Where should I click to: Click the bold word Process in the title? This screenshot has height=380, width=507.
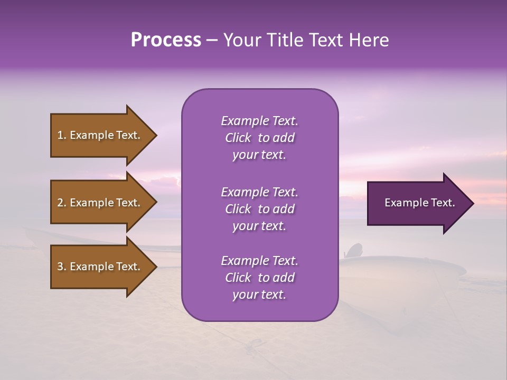tap(166, 40)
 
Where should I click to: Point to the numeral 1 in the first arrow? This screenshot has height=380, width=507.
tap(60, 135)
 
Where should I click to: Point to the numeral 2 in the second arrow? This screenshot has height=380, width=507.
tap(60, 203)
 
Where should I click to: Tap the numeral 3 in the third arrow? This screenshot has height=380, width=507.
tap(60, 267)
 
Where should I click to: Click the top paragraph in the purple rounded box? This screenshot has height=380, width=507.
tap(259, 138)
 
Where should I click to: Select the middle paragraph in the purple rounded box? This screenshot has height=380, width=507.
tap(259, 209)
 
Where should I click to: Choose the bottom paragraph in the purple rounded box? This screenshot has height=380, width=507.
tap(259, 278)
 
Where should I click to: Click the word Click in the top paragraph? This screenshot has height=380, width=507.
tap(238, 138)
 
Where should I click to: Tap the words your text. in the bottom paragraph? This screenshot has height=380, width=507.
tap(259, 294)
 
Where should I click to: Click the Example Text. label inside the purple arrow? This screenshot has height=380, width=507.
tap(419, 203)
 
